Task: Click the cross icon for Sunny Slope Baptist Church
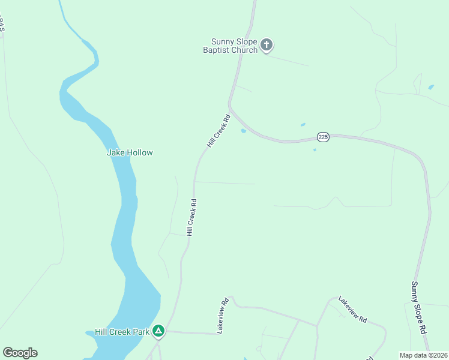(x=267, y=44)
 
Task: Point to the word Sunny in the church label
(x=222, y=41)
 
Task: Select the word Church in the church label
(x=245, y=50)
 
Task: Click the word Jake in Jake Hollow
(x=115, y=152)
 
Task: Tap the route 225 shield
(x=324, y=137)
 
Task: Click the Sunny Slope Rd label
(x=419, y=308)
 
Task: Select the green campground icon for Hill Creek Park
(x=158, y=331)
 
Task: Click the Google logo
(x=20, y=353)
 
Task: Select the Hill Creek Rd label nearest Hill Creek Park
(x=191, y=218)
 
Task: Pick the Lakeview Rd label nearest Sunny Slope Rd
(x=352, y=310)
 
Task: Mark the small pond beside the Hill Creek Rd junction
(x=243, y=131)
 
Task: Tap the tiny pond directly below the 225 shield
(x=315, y=150)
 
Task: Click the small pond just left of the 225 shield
(x=303, y=125)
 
